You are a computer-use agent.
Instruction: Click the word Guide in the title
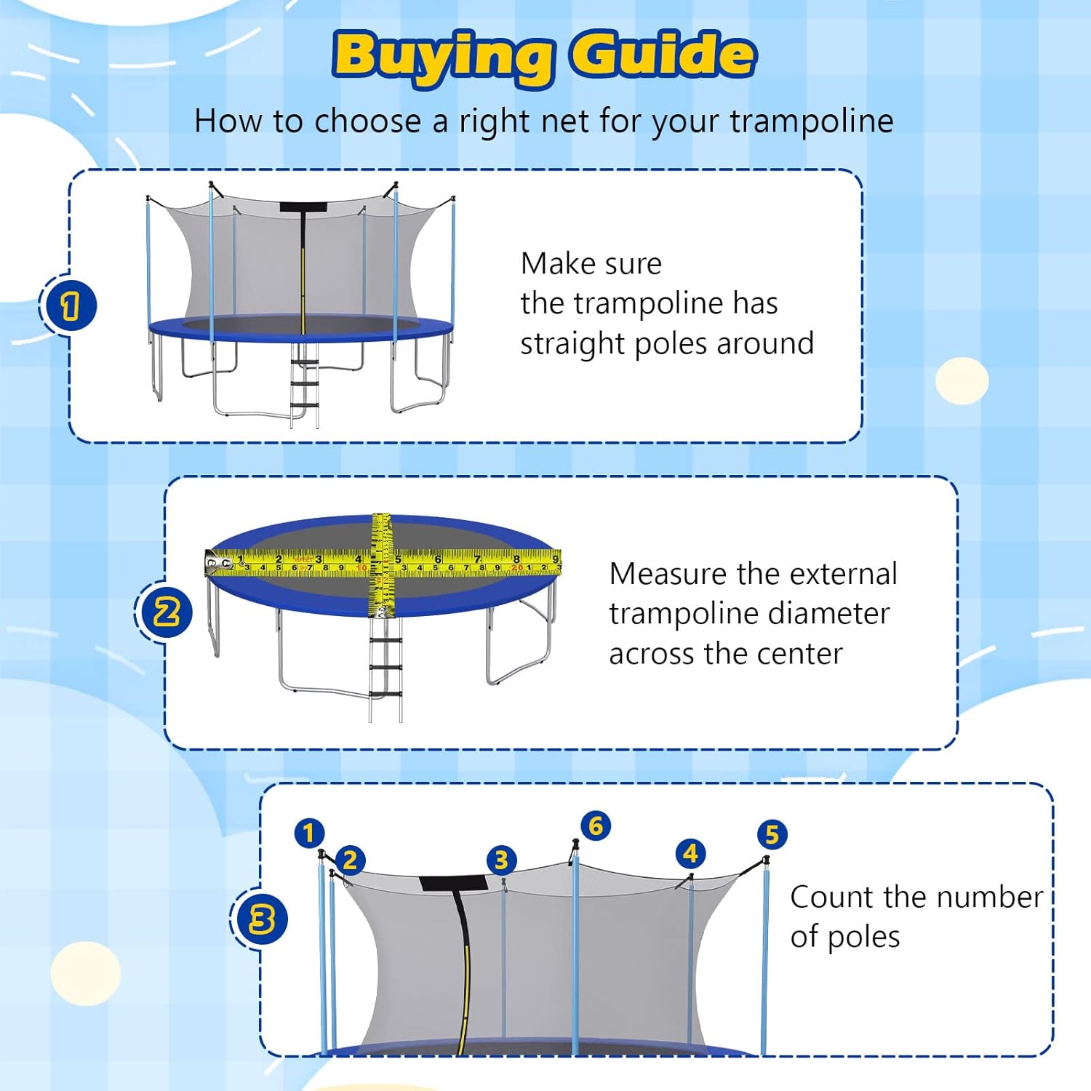[662, 55]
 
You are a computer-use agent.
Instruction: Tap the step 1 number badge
[69, 305]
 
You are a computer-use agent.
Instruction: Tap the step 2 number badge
[166, 612]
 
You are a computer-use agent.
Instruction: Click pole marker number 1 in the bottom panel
[309, 833]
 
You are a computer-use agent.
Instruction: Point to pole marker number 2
[350, 860]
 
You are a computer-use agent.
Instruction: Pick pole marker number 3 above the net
[501, 860]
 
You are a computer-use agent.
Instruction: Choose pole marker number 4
[690, 853]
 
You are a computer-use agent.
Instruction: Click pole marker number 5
[772, 834]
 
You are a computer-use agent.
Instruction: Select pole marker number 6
[596, 826]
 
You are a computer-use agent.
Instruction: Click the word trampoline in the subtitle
[812, 121]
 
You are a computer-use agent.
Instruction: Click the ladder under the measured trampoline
[385, 669]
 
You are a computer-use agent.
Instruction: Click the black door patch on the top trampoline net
[302, 207]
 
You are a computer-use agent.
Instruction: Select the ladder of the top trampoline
[305, 385]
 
